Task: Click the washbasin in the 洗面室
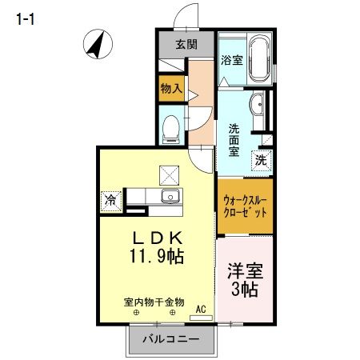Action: pyautogui.click(x=258, y=107)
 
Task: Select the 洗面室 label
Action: pyautogui.click(x=234, y=140)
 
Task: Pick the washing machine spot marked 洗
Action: pyautogui.click(x=261, y=159)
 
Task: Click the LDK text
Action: pyautogui.click(x=155, y=238)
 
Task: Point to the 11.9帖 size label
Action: pyautogui.click(x=155, y=258)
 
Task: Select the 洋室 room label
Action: pyautogui.click(x=244, y=271)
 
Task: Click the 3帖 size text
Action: pyautogui.click(x=244, y=290)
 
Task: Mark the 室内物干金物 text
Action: pyautogui.click(x=154, y=302)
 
